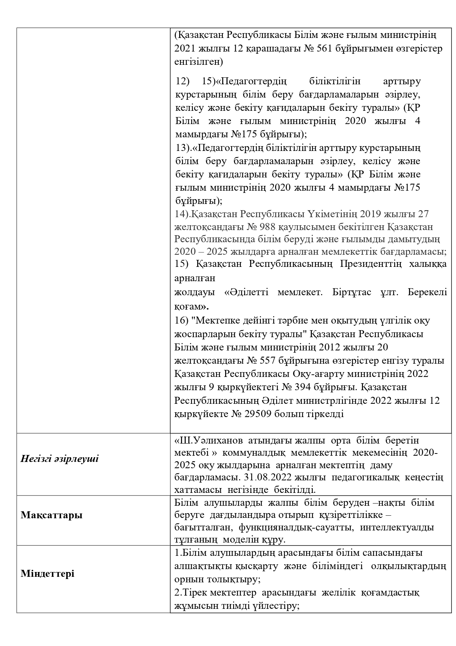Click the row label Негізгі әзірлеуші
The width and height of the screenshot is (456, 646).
tap(60, 459)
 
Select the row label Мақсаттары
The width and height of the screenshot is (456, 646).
tap(51, 515)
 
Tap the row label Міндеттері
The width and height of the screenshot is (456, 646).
tap(47, 573)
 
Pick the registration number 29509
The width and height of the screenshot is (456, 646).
tap(258, 414)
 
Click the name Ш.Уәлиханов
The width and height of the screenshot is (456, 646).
tap(211, 440)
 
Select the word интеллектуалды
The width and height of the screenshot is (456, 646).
tap(397, 527)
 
